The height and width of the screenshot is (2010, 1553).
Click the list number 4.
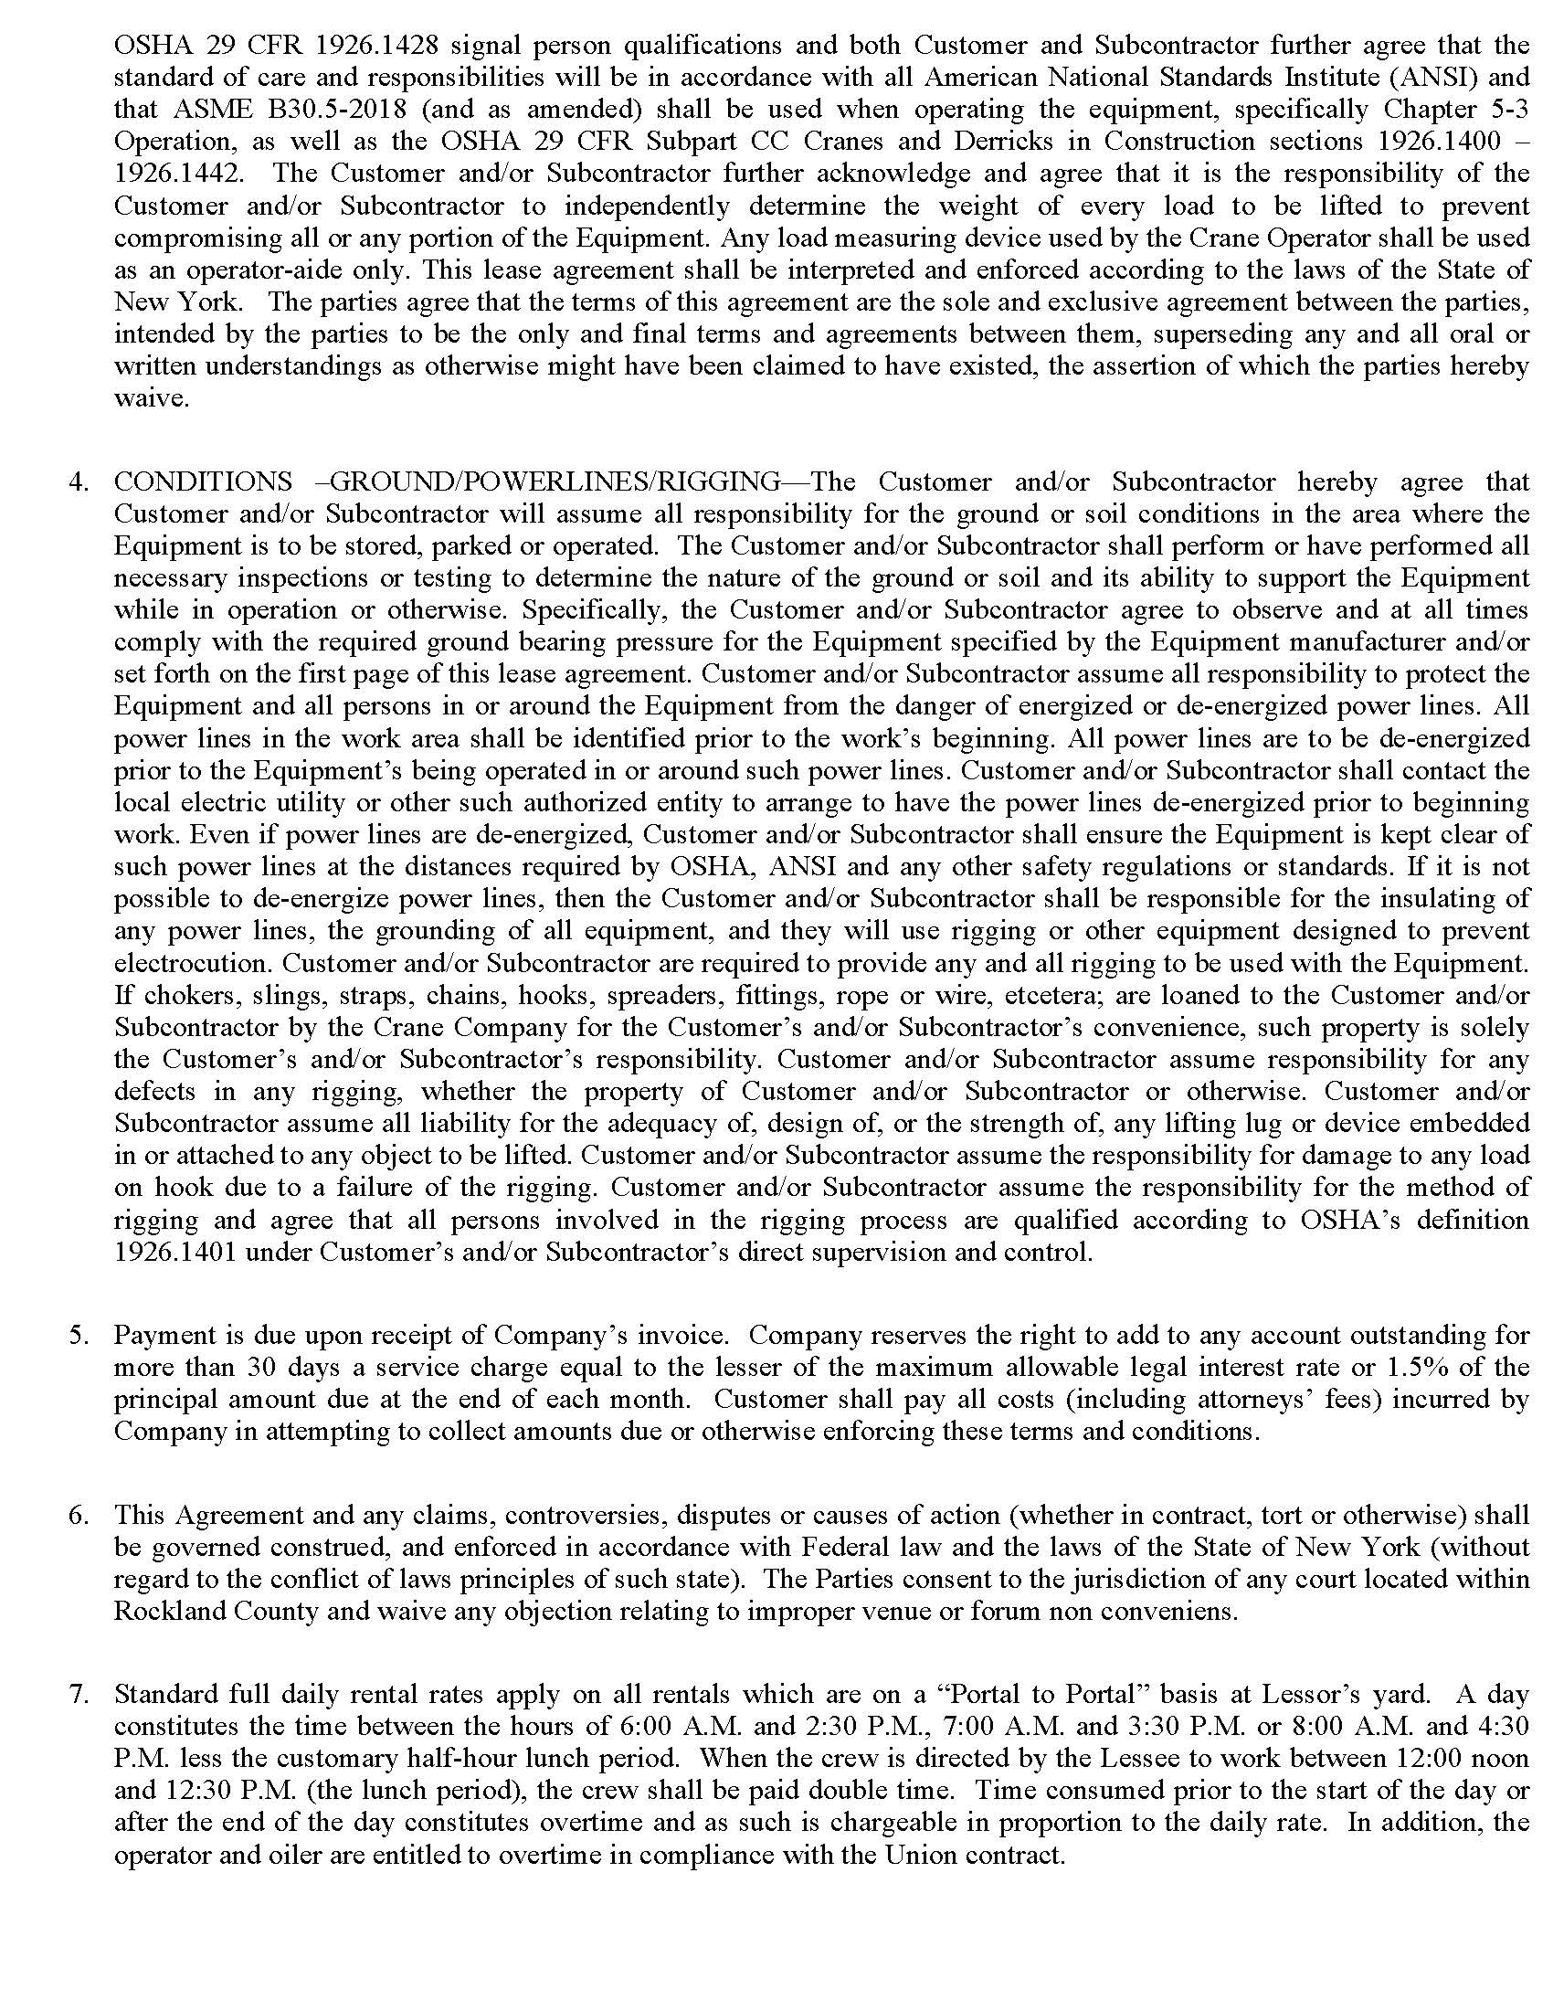click(x=79, y=481)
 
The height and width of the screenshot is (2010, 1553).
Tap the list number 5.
click(x=79, y=1335)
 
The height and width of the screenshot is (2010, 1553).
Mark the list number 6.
click(x=79, y=1514)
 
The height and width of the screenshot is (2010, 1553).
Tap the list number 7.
click(x=79, y=1693)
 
